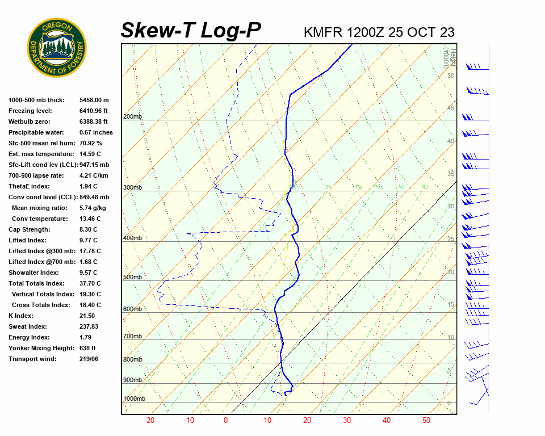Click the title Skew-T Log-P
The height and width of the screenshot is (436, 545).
[191, 30]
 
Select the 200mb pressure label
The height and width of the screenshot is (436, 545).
[132, 117]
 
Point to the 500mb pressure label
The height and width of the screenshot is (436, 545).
[132, 277]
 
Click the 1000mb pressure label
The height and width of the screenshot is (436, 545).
[134, 399]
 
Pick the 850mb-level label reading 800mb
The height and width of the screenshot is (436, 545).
[132, 359]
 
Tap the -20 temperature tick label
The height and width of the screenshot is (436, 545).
[149, 421]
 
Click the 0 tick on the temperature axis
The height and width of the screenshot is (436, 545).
[225, 421]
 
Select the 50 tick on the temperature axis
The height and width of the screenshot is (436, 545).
[426, 421]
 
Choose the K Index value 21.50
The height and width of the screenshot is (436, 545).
[87, 316]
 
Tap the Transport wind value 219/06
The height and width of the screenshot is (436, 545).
[89, 359]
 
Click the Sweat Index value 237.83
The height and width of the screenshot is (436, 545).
[89, 326]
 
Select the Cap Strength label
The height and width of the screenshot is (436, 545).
[30, 229]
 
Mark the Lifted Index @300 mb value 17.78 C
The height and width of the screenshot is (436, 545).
[90, 251]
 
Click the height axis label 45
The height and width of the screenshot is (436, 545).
[451, 108]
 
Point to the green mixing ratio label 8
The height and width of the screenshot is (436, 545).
[424, 186]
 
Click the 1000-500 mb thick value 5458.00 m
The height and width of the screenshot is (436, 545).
[94, 100]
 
